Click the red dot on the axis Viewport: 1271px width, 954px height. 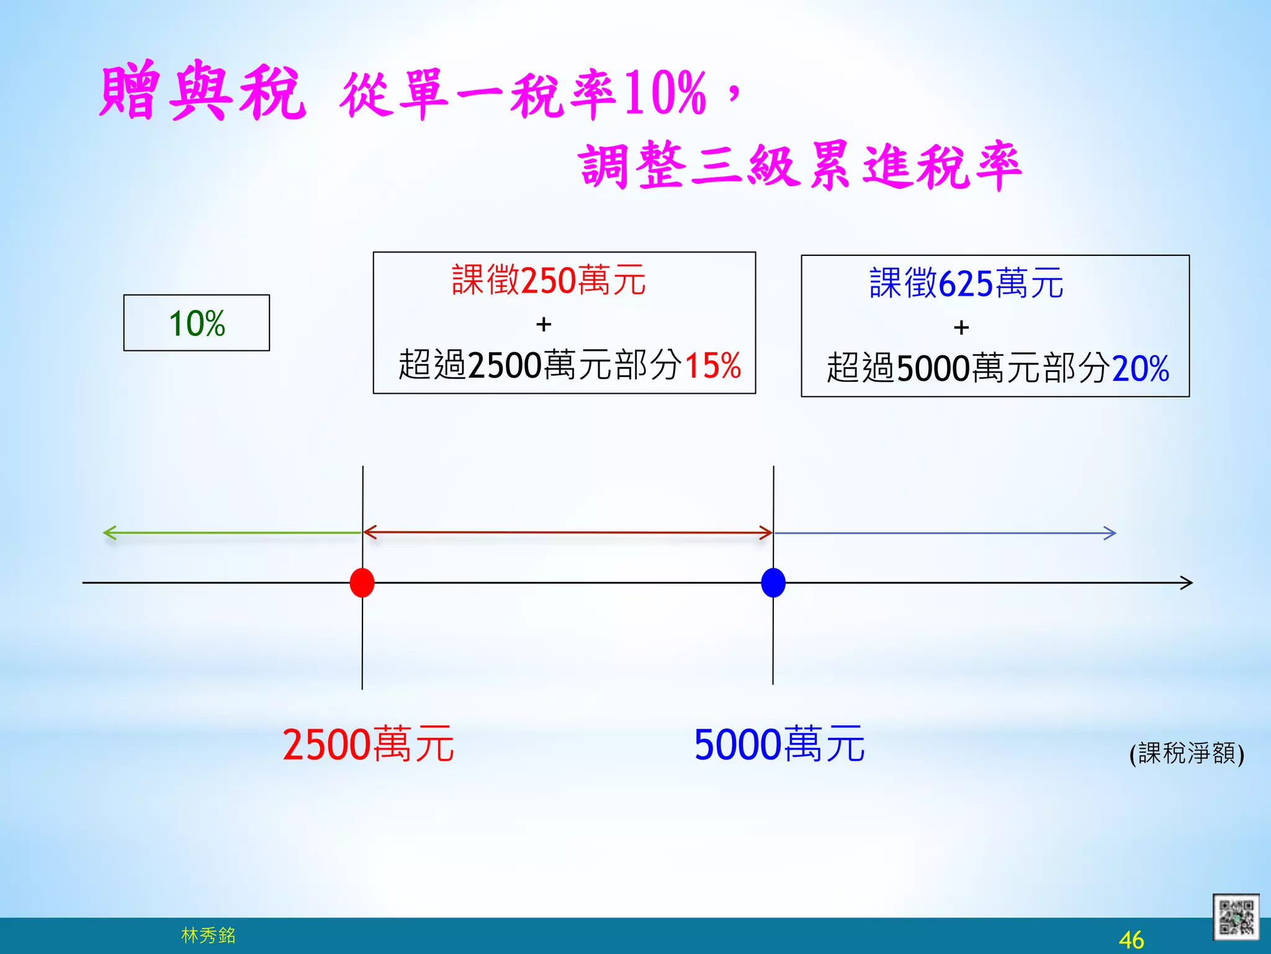pyautogui.click(x=362, y=583)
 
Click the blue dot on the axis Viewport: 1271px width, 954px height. pyautogui.click(x=773, y=583)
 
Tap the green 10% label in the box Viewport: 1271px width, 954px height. pyautogui.click(x=197, y=324)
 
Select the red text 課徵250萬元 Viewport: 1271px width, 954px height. pyautogui.click(x=549, y=280)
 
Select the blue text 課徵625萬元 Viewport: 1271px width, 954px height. pyautogui.click(x=966, y=283)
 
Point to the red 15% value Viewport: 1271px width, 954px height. pyautogui.click(x=713, y=365)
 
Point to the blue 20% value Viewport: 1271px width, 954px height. pyautogui.click(x=1141, y=368)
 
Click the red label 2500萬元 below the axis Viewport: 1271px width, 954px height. pyautogui.click(x=368, y=744)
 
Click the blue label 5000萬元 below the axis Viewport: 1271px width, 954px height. pyautogui.click(x=779, y=744)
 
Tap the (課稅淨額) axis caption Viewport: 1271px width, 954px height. pyautogui.click(x=1187, y=753)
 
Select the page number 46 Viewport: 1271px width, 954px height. pyautogui.click(x=1131, y=940)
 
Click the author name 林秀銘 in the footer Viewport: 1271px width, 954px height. pyautogui.click(x=209, y=935)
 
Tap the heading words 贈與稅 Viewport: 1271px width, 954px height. pyautogui.click(x=203, y=92)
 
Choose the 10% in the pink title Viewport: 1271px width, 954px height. pyautogui.click(x=665, y=93)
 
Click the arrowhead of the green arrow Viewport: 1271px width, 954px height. pyautogui.click(x=108, y=533)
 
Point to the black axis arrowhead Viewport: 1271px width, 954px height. pyautogui.click(x=1187, y=583)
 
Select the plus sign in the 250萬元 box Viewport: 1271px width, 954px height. pyautogui.click(x=544, y=324)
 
